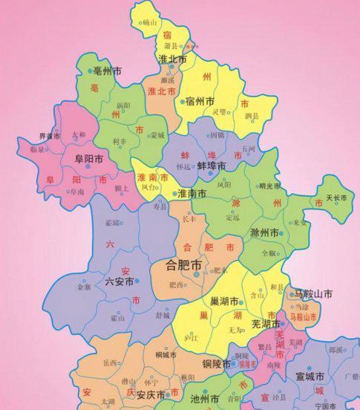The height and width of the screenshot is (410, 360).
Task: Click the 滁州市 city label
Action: (266, 233)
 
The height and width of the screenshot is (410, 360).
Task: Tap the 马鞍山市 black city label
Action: (312, 294)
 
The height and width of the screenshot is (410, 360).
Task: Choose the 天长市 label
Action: (337, 199)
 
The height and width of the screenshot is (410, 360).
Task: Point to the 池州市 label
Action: (205, 399)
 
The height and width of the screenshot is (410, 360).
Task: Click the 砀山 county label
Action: (151, 23)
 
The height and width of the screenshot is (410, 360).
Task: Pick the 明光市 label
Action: (270, 186)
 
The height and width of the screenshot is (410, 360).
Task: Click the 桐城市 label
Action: (166, 355)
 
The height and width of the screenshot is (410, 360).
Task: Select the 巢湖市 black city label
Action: (223, 302)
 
